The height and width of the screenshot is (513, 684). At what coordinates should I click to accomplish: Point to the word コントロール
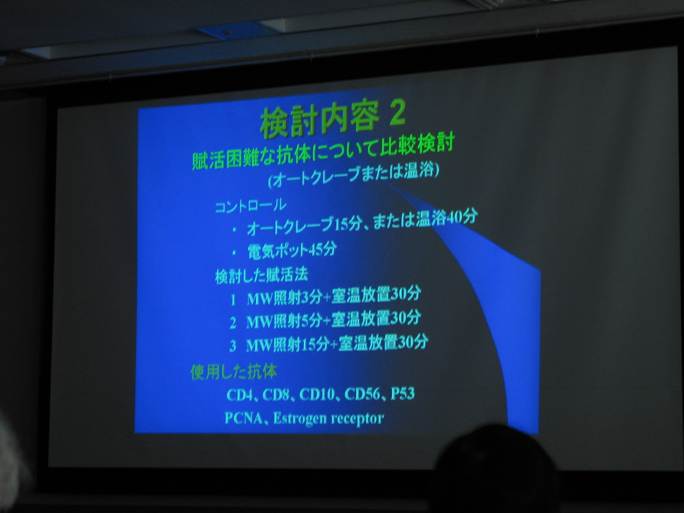(250, 206)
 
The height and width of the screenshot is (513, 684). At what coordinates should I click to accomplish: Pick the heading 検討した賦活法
(261, 276)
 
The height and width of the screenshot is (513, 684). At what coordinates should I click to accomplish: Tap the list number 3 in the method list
(233, 347)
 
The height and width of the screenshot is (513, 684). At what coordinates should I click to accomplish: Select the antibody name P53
(402, 393)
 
